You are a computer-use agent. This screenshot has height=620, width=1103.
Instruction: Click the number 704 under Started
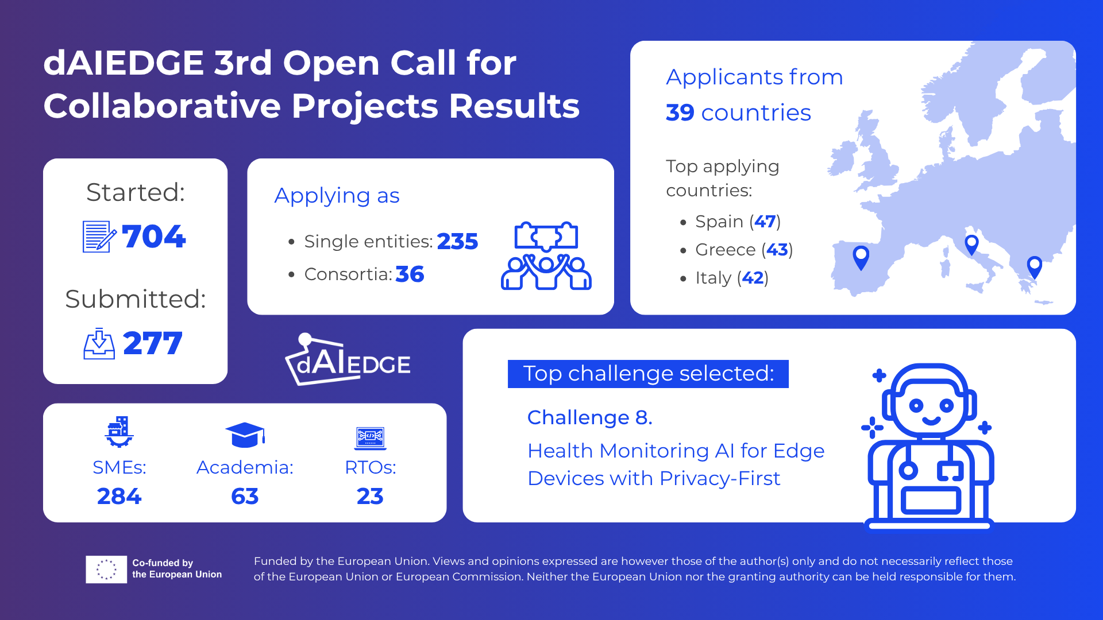click(154, 237)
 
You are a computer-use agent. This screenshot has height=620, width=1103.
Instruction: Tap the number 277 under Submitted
click(153, 343)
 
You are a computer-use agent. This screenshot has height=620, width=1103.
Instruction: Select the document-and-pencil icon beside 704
click(99, 237)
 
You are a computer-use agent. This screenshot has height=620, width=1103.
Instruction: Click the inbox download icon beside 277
click(99, 343)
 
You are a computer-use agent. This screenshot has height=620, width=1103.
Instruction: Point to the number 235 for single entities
click(457, 242)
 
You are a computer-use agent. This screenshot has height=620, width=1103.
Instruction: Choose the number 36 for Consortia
click(410, 274)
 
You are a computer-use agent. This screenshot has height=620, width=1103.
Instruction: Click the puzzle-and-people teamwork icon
click(546, 255)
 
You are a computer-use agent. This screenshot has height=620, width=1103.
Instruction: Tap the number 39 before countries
click(680, 113)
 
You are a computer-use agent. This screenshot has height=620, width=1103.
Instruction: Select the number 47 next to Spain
click(765, 222)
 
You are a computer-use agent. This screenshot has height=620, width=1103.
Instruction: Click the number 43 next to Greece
click(777, 250)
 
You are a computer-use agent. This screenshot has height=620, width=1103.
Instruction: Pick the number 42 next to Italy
click(753, 278)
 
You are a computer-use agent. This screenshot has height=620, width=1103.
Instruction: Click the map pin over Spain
click(861, 258)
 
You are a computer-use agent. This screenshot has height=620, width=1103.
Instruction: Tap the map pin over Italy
click(971, 245)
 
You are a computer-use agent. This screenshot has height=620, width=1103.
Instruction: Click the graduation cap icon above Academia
click(245, 435)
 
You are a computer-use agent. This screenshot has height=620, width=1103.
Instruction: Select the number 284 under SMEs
click(119, 496)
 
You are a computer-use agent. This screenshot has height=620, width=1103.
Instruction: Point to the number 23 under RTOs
click(370, 496)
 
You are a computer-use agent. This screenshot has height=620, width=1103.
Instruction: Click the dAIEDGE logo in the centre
click(348, 359)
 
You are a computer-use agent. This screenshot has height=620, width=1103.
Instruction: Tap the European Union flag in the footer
click(106, 569)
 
